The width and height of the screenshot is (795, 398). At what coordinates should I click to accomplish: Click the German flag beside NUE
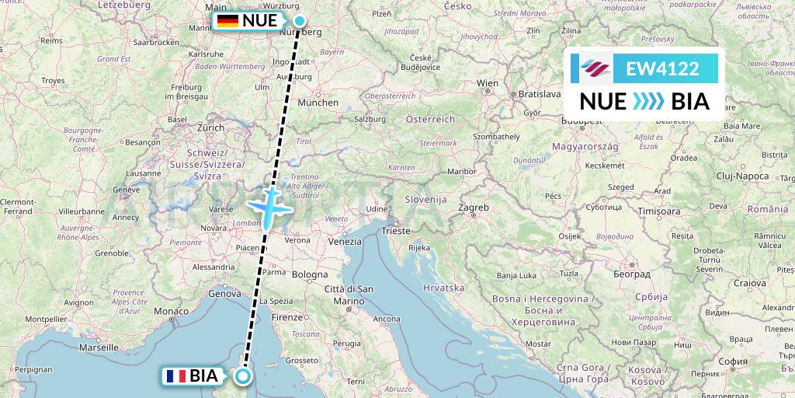[x=227, y=21]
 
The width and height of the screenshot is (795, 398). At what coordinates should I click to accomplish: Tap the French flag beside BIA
[x=175, y=376]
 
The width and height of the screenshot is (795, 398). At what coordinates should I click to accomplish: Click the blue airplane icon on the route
[x=269, y=206]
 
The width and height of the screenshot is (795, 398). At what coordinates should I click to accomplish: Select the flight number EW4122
[x=662, y=69]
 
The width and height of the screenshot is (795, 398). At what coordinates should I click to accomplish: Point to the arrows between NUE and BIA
[x=648, y=102]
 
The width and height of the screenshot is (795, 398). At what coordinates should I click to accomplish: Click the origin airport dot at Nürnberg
[x=300, y=21]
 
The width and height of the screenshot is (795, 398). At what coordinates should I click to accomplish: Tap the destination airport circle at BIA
[x=244, y=376]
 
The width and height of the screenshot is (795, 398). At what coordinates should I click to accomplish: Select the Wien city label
[x=488, y=82]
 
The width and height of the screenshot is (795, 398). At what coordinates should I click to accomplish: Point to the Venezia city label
[x=345, y=242]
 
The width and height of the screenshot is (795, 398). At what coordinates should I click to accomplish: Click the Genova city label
[x=225, y=294]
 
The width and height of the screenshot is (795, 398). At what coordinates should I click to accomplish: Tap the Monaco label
[x=171, y=311]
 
